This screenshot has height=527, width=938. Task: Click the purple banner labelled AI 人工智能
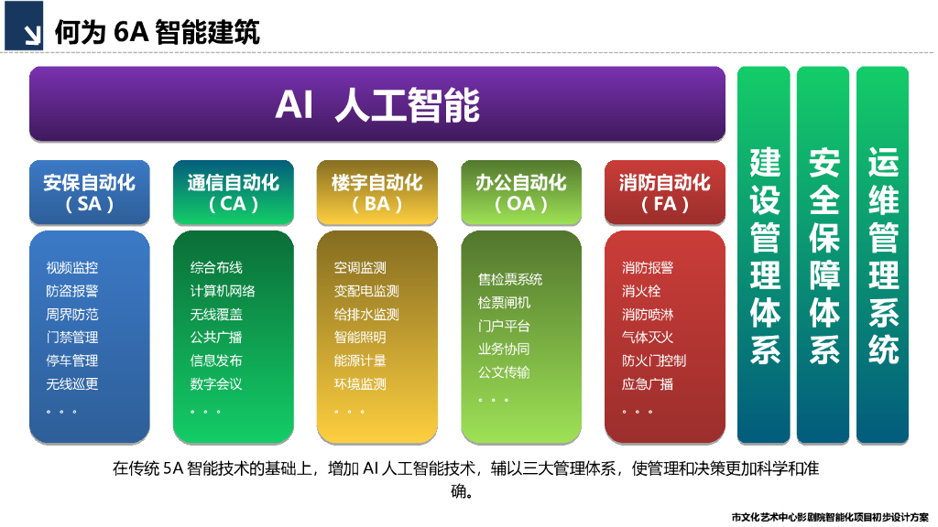pyautogui.click(x=377, y=104)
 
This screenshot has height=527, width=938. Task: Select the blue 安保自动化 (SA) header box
pyautogui.click(x=89, y=192)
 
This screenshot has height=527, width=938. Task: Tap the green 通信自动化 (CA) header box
pyautogui.click(x=233, y=192)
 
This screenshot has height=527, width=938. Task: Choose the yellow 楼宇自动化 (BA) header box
pyautogui.click(x=377, y=192)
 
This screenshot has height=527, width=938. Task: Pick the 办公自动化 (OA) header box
pyautogui.click(x=521, y=192)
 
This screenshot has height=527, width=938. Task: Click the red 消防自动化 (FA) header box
pyautogui.click(x=665, y=192)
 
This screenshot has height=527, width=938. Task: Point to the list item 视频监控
pyautogui.click(x=72, y=268)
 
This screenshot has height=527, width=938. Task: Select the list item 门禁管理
pyautogui.click(x=72, y=338)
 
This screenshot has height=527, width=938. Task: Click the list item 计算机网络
pyautogui.click(x=223, y=291)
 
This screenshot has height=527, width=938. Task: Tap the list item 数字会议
pyautogui.click(x=216, y=384)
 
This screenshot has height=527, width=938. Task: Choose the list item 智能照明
pyautogui.click(x=360, y=338)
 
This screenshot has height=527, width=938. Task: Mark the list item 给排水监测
pyautogui.click(x=366, y=315)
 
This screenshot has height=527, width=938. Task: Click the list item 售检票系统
pyautogui.click(x=510, y=279)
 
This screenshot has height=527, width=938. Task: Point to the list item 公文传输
pyautogui.click(x=504, y=372)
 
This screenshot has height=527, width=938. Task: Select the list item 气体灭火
pyautogui.click(x=648, y=338)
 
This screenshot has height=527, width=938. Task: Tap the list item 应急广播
pyautogui.click(x=648, y=384)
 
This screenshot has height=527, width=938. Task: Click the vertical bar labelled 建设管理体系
pyautogui.click(x=764, y=254)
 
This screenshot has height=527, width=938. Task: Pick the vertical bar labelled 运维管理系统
pyautogui.click(x=882, y=254)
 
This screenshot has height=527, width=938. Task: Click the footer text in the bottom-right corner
pyautogui.click(x=830, y=517)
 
